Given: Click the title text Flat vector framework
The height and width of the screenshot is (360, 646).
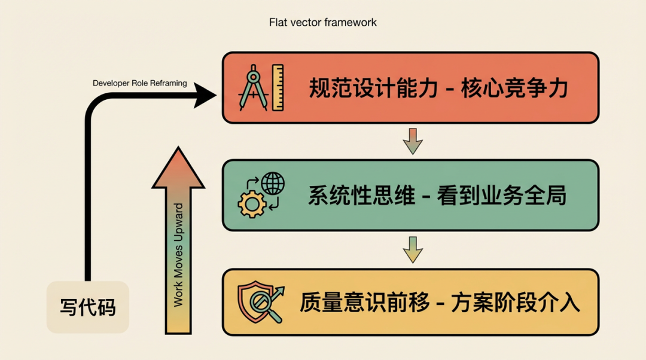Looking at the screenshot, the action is point(322,22).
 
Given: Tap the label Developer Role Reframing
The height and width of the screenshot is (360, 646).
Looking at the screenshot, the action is point(139,83).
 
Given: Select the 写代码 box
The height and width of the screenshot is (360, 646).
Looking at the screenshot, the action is point(88,307).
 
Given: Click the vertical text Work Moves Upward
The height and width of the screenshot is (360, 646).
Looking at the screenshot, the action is point(178,255).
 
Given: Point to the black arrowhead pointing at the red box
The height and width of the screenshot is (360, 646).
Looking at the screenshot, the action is point(205,96).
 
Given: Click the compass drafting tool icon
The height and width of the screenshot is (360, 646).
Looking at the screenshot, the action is point(252,88).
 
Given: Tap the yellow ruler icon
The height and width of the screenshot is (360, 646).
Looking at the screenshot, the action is point(278,87).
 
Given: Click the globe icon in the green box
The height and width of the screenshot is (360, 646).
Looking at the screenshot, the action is point(273,184).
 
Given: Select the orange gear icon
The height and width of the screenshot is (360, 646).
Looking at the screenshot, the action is point(252,204).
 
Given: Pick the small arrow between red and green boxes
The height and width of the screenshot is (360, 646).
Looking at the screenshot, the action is point(413,141).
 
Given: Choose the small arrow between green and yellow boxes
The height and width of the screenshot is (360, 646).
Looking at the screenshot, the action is point(413,249).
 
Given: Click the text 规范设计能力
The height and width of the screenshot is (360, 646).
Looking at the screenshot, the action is point(373,88).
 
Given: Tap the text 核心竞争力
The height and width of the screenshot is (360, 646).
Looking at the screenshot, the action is point(515,88).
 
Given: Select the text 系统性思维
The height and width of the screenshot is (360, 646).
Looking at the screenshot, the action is point(361,196).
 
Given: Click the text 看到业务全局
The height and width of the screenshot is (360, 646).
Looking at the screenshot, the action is point(502,196).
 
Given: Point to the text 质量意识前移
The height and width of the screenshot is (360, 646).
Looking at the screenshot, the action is point(365,303).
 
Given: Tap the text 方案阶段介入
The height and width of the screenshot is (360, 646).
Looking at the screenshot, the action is point(516,303).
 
